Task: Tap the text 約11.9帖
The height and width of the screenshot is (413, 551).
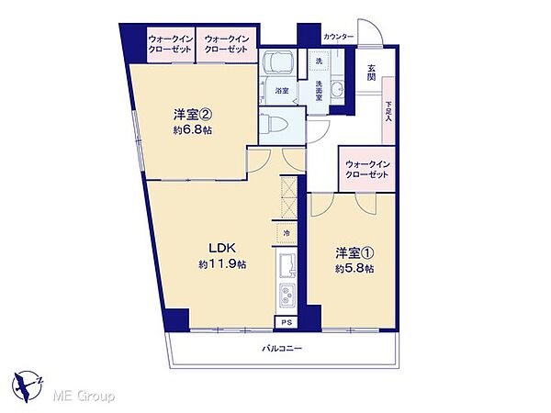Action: click(x=221, y=264)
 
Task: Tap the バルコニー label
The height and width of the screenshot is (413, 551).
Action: click(x=282, y=348)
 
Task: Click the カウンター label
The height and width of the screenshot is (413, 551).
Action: click(x=337, y=37)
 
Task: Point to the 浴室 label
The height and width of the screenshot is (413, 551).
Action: click(x=282, y=91)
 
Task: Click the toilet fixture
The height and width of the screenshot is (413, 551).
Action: click(x=275, y=121)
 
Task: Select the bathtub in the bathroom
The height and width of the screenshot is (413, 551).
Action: click(x=276, y=64)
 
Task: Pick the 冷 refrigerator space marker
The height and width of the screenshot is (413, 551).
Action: click(x=286, y=234)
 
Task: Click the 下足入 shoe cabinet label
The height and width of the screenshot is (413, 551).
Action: click(x=388, y=112)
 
